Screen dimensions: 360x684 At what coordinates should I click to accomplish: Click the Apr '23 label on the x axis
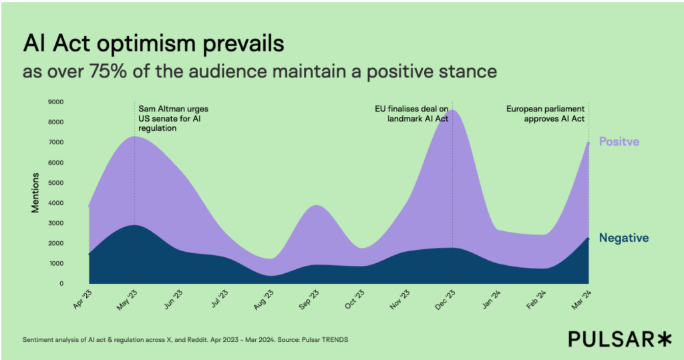click(81, 299)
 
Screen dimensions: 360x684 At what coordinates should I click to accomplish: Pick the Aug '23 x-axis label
click(263, 299)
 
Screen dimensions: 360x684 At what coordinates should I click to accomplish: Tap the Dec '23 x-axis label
click(446, 299)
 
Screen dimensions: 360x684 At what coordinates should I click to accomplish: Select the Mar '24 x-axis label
click(582, 299)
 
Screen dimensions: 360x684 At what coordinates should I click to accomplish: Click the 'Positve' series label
click(619, 142)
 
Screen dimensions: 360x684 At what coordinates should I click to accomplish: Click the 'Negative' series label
click(624, 238)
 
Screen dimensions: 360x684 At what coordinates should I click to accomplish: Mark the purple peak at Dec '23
click(453, 111)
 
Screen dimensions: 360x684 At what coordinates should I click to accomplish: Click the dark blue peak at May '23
click(135, 226)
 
